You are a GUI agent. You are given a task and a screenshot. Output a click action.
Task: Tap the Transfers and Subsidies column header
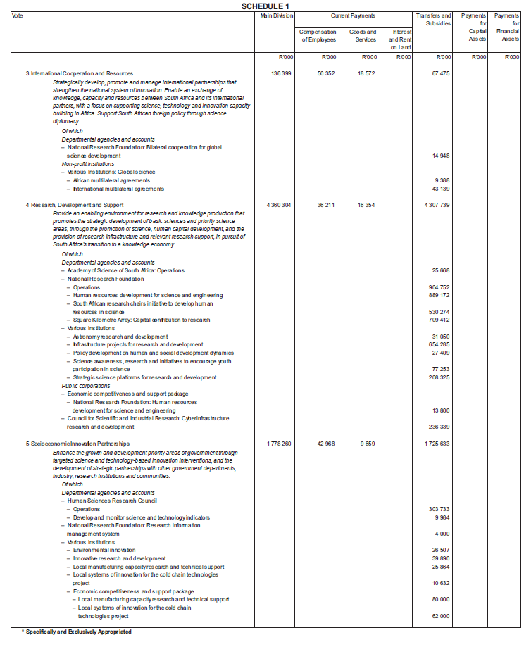click(433, 20)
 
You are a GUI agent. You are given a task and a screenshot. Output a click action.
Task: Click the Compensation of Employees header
click(318, 36)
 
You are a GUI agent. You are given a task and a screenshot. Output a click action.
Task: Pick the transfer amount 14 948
click(439, 156)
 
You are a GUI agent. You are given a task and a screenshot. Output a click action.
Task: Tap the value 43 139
click(439, 189)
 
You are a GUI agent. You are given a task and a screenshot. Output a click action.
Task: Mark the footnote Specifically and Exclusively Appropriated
click(77, 632)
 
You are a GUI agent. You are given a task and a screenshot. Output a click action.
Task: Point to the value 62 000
click(439, 615)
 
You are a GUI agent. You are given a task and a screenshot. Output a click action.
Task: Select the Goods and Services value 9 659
click(369, 444)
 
